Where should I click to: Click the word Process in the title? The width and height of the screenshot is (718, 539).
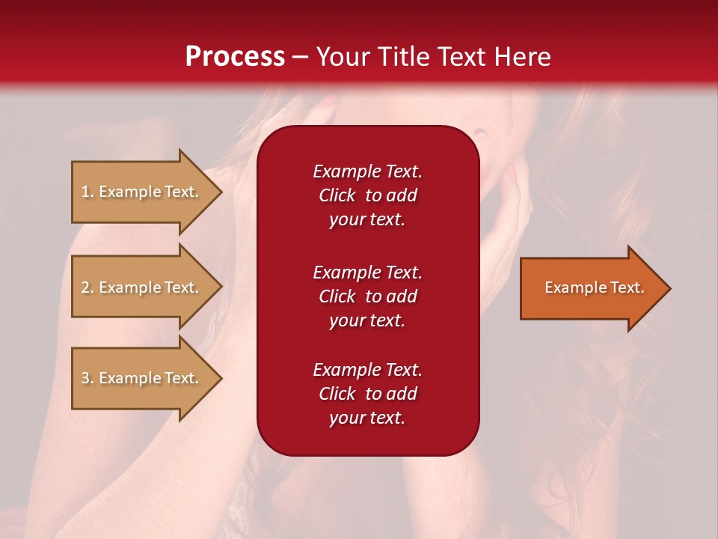(235, 57)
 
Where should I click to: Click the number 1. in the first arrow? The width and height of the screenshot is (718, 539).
(88, 192)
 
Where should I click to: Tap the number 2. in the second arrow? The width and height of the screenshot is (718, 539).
(88, 287)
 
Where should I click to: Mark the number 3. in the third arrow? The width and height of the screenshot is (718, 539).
(88, 378)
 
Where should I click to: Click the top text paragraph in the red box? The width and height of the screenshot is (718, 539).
(367, 195)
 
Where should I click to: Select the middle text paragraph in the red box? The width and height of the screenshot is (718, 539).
(367, 296)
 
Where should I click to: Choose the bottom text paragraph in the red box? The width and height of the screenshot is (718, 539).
(367, 394)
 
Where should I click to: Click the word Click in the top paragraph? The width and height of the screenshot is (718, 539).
(337, 195)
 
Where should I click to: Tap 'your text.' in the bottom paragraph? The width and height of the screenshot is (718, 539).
(367, 418)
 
